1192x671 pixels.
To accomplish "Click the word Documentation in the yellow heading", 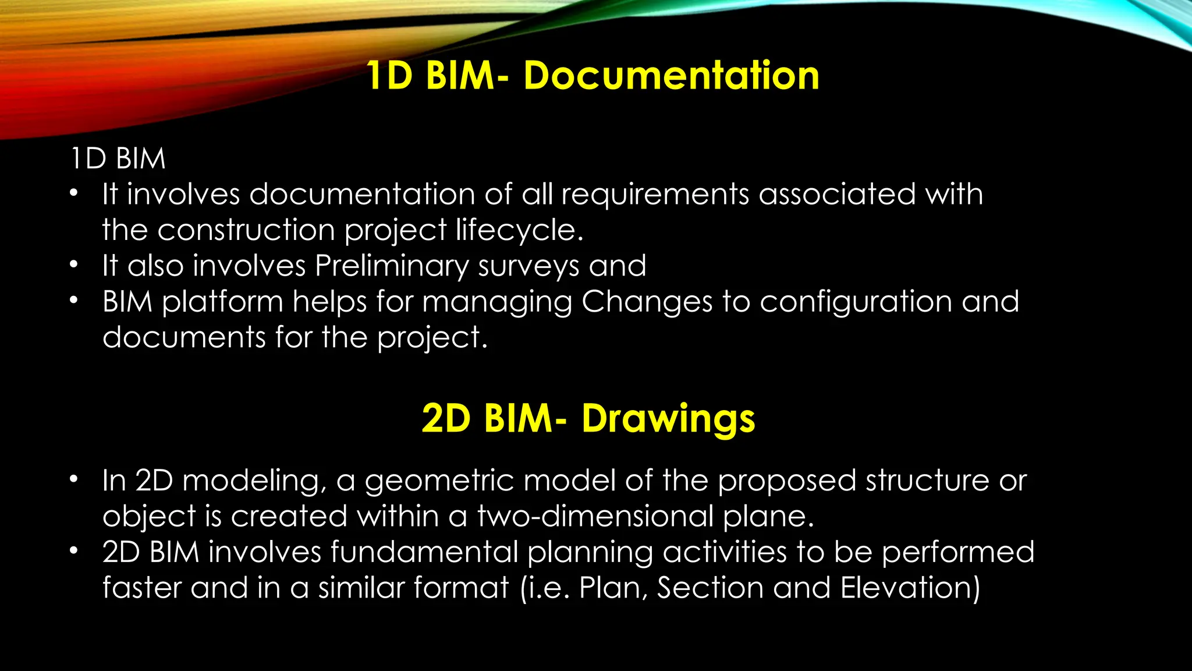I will [671, 76].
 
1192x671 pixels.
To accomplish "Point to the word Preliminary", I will [391, 266].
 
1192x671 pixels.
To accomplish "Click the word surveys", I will [528, 266].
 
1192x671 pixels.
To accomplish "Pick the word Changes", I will [647, 302].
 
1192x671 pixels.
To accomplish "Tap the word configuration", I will [856, 302].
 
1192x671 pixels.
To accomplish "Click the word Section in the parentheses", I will [710, 588].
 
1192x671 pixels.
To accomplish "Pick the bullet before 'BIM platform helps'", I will [73, 301].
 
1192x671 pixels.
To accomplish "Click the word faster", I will [141, 588].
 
